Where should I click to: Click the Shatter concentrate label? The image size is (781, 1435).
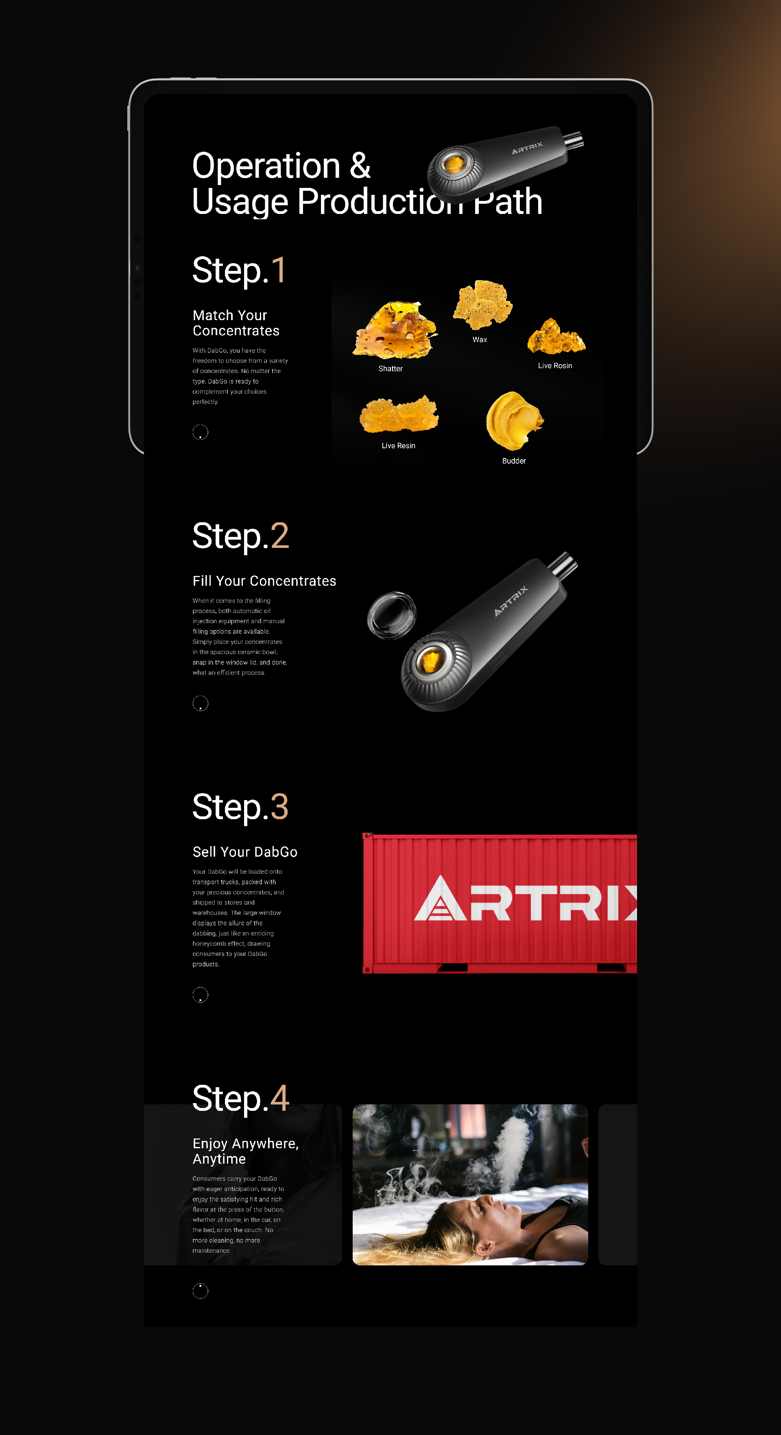coord(390,369)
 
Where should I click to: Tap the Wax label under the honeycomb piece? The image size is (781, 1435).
coord(480,340)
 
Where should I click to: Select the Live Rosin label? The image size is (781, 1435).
coord(555,366)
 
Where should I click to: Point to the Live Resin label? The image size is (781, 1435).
coord(398,446)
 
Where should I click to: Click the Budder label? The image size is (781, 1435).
coord(514,461)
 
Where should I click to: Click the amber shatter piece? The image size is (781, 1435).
coord(395,330)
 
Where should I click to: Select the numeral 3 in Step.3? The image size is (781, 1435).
coord(279,807)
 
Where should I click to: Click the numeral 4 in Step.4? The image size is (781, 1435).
coord(279,1098)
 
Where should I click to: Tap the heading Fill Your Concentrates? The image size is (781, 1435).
coord(264,581)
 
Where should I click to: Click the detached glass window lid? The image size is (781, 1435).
coord(392,615)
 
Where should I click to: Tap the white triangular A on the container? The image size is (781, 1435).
coord(440,898)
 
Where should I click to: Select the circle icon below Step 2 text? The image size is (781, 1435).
coord(200,704)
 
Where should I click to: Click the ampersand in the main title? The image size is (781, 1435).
coord(360,166)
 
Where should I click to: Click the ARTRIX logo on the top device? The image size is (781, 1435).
coord(527,148)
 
